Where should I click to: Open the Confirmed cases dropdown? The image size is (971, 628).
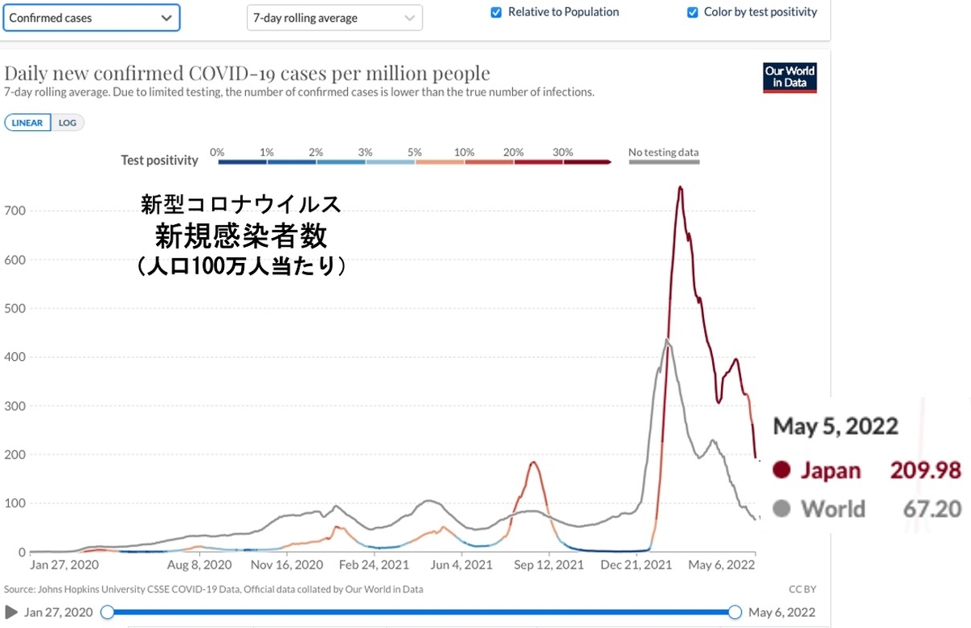click(x=91, y=17)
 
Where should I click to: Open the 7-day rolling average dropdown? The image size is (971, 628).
click(x=334, y=18)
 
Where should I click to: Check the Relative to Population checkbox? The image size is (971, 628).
click(x=496, y=12)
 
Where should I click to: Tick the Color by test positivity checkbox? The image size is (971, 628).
click(x=692, y=12)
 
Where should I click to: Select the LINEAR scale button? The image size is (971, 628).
click(x=28, y=123)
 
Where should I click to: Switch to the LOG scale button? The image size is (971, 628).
click(x=68, y=123)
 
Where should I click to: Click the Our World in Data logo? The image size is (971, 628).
click(x=790, y=77)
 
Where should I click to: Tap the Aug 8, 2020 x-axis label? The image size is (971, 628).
click(x=200, y=565)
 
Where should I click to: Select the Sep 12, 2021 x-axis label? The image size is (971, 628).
click(x=549, y=565)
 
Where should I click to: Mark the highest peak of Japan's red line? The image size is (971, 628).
click(x=681, y=188)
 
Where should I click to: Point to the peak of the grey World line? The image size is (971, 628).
click(x=667, y=340)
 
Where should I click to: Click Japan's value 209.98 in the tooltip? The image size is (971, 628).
click(x=926, y=470)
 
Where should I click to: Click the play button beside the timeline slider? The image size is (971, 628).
click(x=11, y=612)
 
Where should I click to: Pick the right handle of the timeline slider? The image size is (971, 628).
click(x=735, y=613)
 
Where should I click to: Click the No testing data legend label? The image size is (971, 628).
click(x=664, y=152)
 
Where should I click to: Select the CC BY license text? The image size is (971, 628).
click(x=801, y=589)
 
